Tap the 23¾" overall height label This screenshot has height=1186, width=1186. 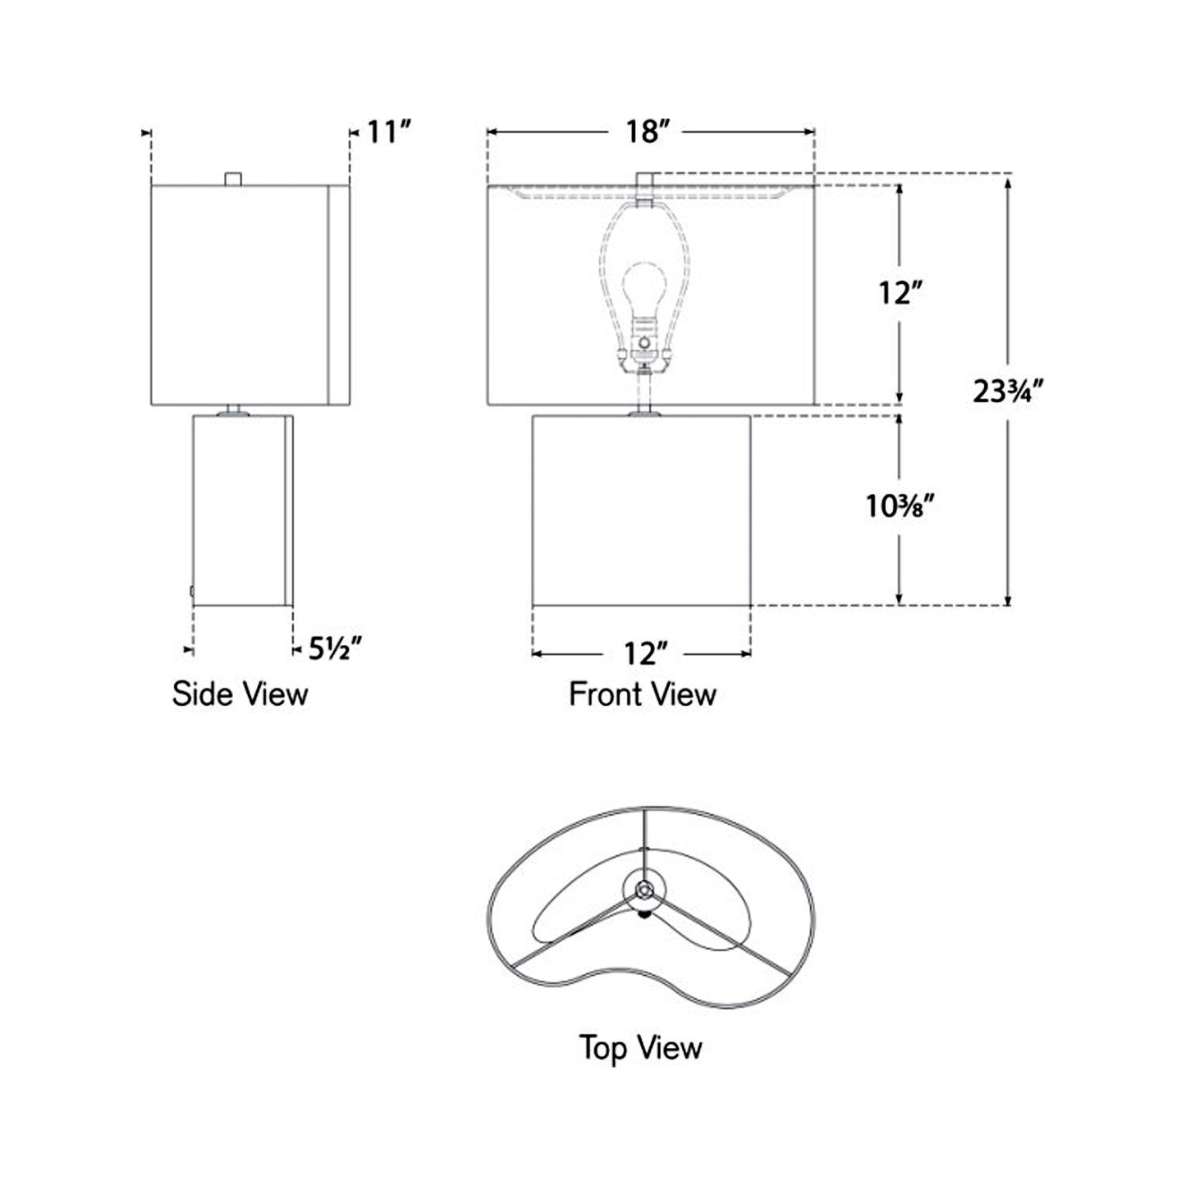pos(1008,392)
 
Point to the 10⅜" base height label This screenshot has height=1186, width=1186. pos(900,506)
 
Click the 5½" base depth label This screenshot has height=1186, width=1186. pos(335,649)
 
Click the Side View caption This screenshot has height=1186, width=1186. pos(240,694)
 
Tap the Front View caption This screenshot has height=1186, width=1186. pos(643,694)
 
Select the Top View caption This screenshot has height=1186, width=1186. pos(640,1048)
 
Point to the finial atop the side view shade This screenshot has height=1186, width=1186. pos(234,178)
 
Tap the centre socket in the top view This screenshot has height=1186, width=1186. pos(644,889)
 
